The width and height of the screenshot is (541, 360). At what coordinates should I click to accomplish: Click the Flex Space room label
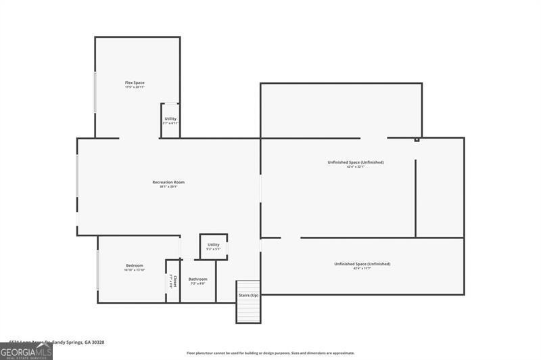135,83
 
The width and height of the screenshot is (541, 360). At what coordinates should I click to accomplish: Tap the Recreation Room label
168,182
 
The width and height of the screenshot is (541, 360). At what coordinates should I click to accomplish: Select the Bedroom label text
134,265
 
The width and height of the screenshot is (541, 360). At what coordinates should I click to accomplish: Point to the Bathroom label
198,279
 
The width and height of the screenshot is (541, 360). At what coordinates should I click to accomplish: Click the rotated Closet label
174,280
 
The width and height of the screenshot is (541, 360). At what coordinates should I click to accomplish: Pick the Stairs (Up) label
248,295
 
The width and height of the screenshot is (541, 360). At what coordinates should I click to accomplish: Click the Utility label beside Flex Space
170,119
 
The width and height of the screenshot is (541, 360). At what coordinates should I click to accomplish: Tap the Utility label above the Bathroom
214,244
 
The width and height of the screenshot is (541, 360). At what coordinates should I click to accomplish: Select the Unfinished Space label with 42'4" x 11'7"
362,264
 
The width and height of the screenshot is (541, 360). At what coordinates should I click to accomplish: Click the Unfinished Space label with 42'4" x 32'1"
356,162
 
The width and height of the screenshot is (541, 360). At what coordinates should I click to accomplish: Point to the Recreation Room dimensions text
168,187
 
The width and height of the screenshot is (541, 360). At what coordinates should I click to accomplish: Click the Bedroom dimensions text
134,270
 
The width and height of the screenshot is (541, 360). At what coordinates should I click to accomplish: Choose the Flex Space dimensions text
135,87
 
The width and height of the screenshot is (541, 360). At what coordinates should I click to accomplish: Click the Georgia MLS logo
26,351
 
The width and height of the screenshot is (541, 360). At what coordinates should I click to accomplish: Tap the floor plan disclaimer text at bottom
270,353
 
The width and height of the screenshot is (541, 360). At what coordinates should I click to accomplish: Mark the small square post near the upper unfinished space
417,140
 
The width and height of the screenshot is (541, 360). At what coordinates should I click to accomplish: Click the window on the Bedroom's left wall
99,269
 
